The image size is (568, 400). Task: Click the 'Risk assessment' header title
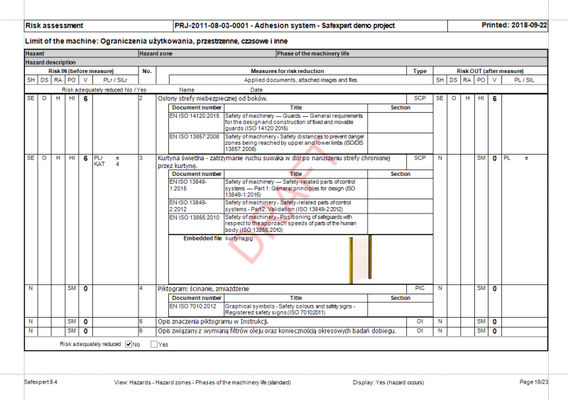pos(54,26)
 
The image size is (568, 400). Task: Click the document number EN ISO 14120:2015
pos(195,115)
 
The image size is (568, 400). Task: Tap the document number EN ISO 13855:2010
pos(195,217)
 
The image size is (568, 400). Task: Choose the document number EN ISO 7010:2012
pos(193,306)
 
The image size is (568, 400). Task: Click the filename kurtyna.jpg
pos(239,238)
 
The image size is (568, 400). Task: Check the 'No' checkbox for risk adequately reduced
pos(129,345)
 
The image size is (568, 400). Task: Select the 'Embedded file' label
pos(202,238)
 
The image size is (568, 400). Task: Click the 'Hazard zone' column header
pos(156,54)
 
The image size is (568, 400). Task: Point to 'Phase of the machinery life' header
pos(313,54)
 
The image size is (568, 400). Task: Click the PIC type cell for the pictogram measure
pos(419,289)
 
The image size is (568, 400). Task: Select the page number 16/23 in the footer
pos(534,382)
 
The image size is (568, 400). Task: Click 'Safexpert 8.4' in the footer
pos(40,382)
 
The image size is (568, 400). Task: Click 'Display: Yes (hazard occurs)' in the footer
pos(388,382)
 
